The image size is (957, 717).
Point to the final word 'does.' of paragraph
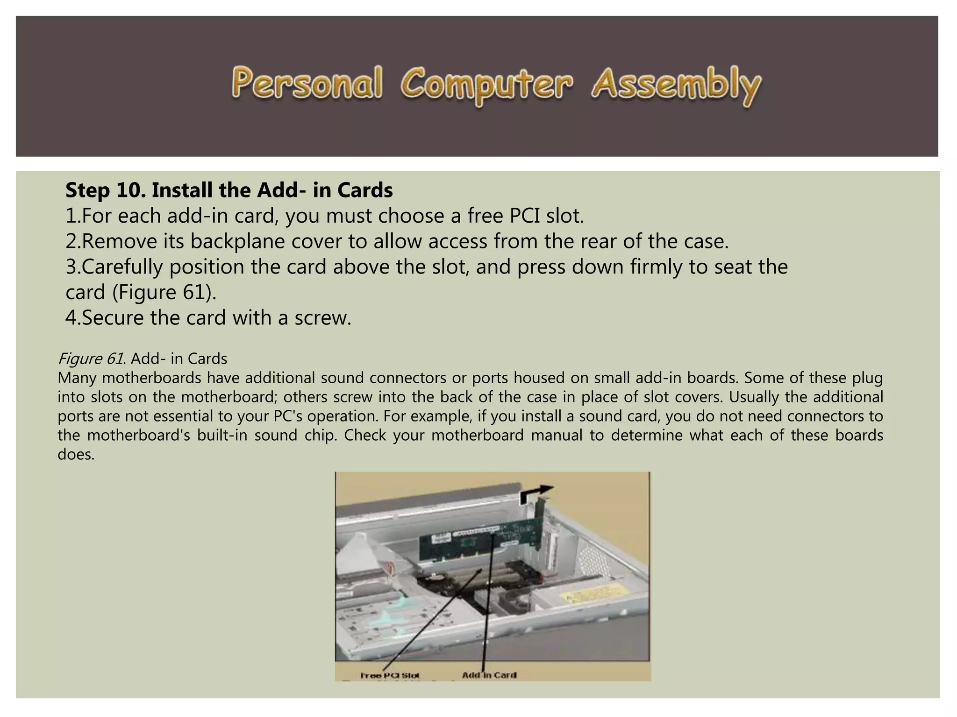[76, 454]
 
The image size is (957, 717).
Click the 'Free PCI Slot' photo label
[390, 675]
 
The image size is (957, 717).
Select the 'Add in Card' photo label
[489, 675]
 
